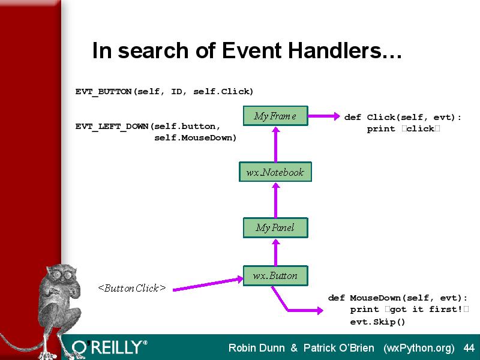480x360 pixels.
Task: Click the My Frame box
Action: coord(275,116)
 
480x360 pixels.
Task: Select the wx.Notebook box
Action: coord(275,172)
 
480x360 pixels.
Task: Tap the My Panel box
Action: coord(275,227)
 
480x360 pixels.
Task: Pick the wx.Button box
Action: coord(275,275)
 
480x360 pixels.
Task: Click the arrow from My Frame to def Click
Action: coord(324,116)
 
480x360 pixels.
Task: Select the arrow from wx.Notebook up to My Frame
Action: coord(276,145)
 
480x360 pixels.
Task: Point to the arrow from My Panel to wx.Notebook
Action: coord(276,200)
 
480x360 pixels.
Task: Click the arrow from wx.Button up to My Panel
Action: coord(276,252)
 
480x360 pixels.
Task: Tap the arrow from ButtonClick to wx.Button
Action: coord(208,284)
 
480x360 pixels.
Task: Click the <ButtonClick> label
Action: coord(132,288)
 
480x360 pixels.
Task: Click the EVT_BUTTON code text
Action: coord(164,92)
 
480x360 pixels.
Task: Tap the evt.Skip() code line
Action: coord(377,322)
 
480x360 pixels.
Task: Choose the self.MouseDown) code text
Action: coord(196,138)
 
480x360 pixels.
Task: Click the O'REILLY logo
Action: coord(110,347)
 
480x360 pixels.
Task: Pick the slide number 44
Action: coord(469,348)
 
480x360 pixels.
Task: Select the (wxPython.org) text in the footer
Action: coord(419,348)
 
